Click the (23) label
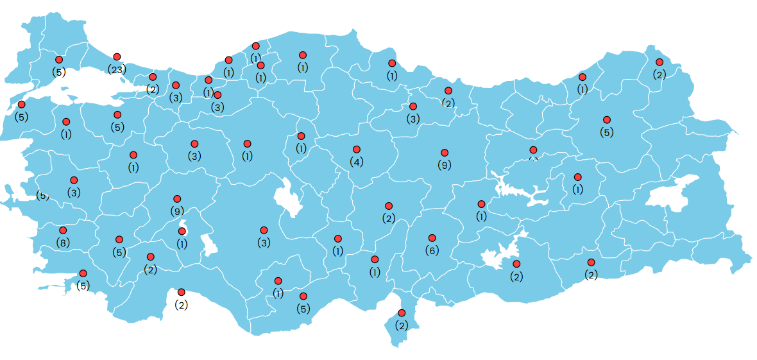[117, 69]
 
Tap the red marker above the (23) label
[117, 57]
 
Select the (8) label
[63, 243]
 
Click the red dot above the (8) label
[63, 230]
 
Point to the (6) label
[432, 250]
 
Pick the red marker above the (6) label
[432, 238]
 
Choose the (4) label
[357, 162]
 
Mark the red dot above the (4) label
[357, 150]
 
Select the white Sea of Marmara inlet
[90, 87]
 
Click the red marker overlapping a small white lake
[182, 231]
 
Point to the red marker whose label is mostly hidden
[533, 150]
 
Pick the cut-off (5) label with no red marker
[42, 196]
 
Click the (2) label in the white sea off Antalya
[182, 305]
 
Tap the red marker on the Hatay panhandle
[402, 313]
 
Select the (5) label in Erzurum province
[607, 133]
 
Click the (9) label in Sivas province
[445, 165]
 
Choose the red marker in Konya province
[264, 230]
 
